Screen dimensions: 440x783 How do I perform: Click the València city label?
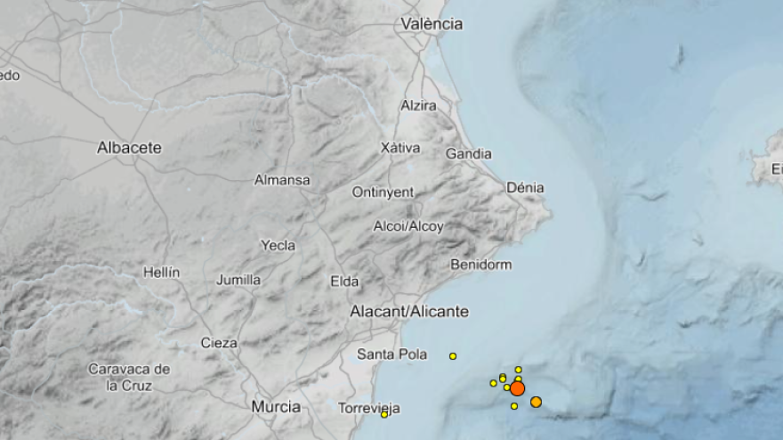click(432, 24)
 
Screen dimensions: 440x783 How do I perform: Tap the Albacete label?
click(129, 148)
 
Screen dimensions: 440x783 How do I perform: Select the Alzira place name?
click(418, 105)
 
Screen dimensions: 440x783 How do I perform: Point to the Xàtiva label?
click(400, 147)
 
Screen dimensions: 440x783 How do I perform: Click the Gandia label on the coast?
click(468, 153)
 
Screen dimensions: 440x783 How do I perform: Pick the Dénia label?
click(524, 188)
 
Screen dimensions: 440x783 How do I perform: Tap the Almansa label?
click(282, 180)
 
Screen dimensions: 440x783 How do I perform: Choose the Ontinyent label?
click(383, 191)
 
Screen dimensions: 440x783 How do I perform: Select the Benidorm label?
click(481, 265)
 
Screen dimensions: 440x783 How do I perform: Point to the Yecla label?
click(278, 245)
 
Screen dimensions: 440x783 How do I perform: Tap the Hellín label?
click(161, 272)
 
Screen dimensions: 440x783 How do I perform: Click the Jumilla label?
click(238, 280)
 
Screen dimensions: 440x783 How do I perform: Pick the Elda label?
click(344, 281)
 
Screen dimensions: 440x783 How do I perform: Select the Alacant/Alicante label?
click(408, 312)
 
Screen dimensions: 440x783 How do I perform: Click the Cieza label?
click(219, 342)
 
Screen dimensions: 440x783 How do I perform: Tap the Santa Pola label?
click(391, 354)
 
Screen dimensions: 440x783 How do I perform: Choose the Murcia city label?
click(275, 406)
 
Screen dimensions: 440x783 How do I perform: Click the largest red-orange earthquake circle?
click(517, 388)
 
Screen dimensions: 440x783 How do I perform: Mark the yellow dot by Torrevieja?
click(384, 414)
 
